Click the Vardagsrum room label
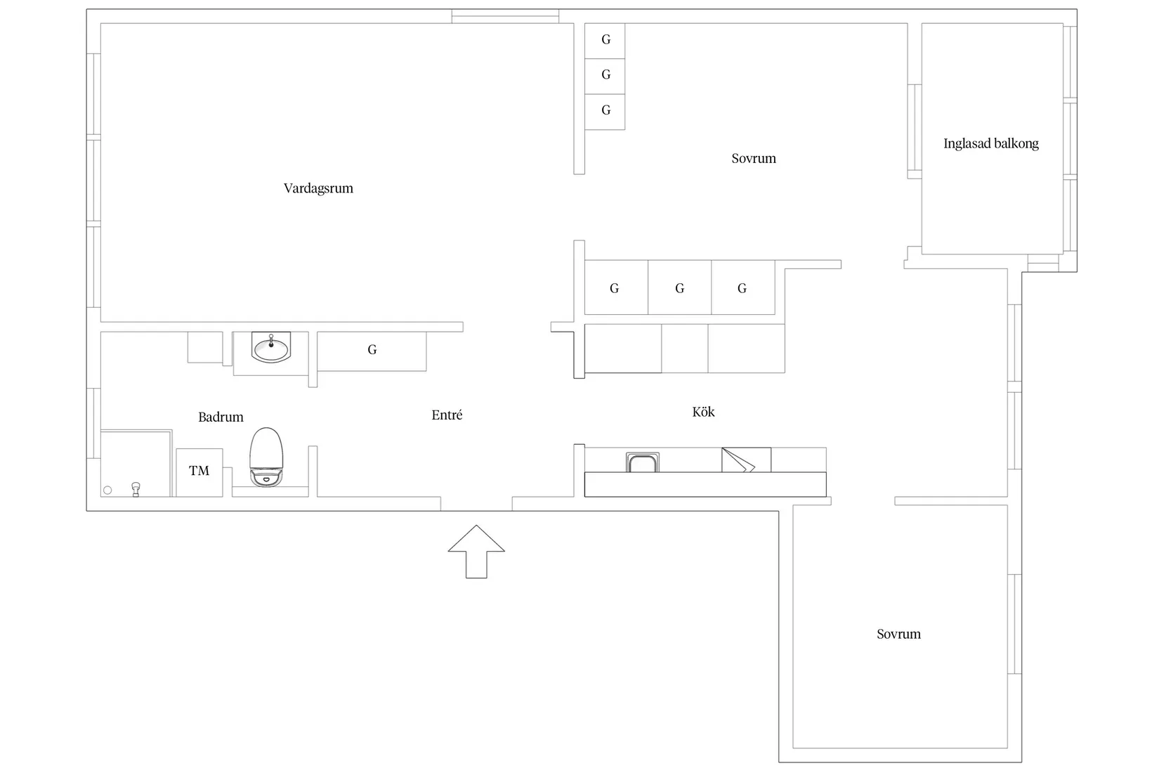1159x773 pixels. click(x=318, y=188)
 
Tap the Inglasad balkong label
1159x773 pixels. click(x=991, y=144)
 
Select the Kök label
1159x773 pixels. click(x=703, y=412)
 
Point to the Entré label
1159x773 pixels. click(x=447, y=415)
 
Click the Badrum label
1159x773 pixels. click(x=221, y=417)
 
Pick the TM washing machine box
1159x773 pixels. click(x=199, y=472)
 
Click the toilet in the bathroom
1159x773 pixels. click(x=266, y=457)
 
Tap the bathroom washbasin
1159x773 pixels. click(x=271, y=347)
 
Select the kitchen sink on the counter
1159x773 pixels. click(x=642, y=462)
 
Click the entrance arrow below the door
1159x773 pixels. click(x=476, y=552)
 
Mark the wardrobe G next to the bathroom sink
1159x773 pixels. click(x=372, y=351)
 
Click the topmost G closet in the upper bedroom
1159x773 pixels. click(x=605, y=40)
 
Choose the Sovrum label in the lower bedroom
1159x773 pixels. click(x=898, y=635)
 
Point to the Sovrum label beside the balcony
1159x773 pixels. click(x=754, y=158)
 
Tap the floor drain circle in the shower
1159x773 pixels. click(x=107, y=490)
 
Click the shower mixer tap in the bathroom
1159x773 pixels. click(x=136, y=489)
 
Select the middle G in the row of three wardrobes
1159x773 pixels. click(x=679, y=287)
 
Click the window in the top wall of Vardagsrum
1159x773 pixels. click(x=505, y=16)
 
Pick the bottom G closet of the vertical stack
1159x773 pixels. click(x=605, y=111)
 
